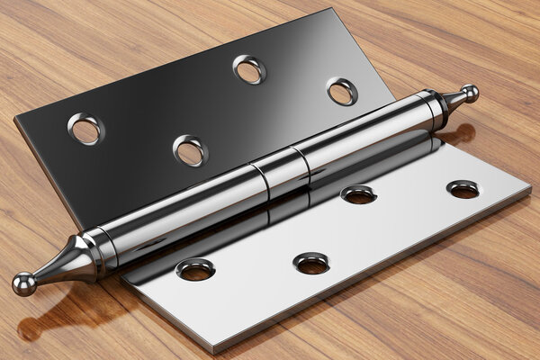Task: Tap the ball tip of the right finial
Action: tap(469, 93)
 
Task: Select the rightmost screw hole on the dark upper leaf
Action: tap(342, 91)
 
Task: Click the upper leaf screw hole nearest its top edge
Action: tap(249, 69)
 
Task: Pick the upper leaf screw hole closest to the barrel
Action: tap(190, 150)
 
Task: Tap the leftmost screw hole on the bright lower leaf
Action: tap(195, 269)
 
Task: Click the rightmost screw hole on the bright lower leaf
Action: tap(463, 189)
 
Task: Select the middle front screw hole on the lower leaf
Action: tap(311, 263)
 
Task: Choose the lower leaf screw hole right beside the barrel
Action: tap(358, 193)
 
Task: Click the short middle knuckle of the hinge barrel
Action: tap(280, 168)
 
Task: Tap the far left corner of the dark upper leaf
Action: tap(15, 120)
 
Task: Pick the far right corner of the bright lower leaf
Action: tap(530, 191)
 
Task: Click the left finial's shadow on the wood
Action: tap(54, 319)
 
